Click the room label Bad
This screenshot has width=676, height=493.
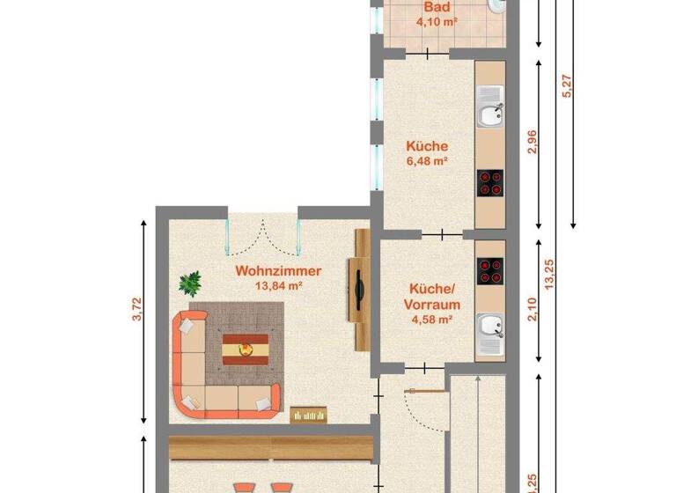434,7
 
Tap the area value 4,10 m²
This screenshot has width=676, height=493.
437,21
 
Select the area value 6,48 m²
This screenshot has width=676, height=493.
428,161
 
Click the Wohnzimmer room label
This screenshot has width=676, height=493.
278,271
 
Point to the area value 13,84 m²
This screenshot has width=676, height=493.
278,286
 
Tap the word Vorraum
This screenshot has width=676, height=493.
430,305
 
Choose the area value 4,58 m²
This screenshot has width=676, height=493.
431,320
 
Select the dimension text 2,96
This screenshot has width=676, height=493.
531,143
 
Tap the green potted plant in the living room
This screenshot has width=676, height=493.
190,283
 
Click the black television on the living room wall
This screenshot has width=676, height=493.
359,289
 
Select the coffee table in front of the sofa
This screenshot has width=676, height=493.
246,350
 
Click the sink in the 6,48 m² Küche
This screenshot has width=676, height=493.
490,112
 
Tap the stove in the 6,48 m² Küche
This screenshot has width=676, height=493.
490,183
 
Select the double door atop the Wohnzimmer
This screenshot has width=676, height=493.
261,231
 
